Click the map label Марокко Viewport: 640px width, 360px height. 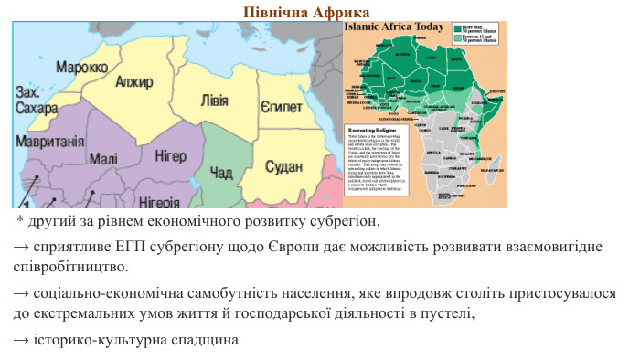pos(81,68)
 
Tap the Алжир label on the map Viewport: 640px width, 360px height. pos(134,82)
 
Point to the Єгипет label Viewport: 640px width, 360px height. pos(281,107)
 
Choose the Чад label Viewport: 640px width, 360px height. pos(221,173)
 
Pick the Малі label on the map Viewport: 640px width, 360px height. pos(103,159)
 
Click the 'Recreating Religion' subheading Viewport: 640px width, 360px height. pos(375,130)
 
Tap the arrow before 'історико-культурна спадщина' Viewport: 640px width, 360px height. pos(19,340)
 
